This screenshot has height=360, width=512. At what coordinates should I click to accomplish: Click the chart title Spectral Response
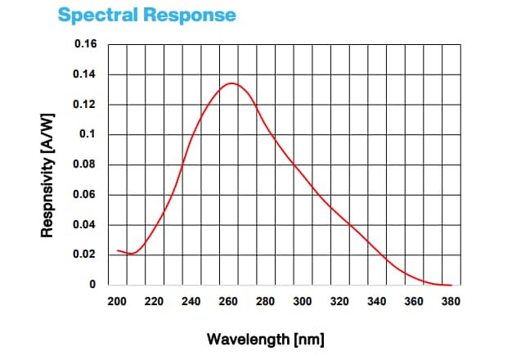tap(147, 15)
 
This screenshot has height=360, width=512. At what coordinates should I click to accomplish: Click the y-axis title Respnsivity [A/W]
tap(47, 164)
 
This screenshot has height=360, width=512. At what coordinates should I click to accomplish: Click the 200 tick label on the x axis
tap(117, 301)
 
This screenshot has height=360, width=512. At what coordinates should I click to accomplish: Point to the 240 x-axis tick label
tap(191, 301)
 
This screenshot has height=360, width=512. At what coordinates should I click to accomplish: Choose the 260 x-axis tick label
tap(228, 301)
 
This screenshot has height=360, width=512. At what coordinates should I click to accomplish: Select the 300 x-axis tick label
tap(303, 301)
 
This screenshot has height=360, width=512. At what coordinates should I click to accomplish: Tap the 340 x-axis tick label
tap(377, 301)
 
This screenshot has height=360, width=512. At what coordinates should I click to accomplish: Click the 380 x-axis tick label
tap(451, 301)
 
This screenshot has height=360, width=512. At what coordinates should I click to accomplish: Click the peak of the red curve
tap(231, 83)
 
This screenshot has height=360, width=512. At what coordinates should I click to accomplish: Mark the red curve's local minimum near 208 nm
tap(131, 254)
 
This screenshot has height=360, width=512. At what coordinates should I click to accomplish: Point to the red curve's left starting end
tap(118, 250)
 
